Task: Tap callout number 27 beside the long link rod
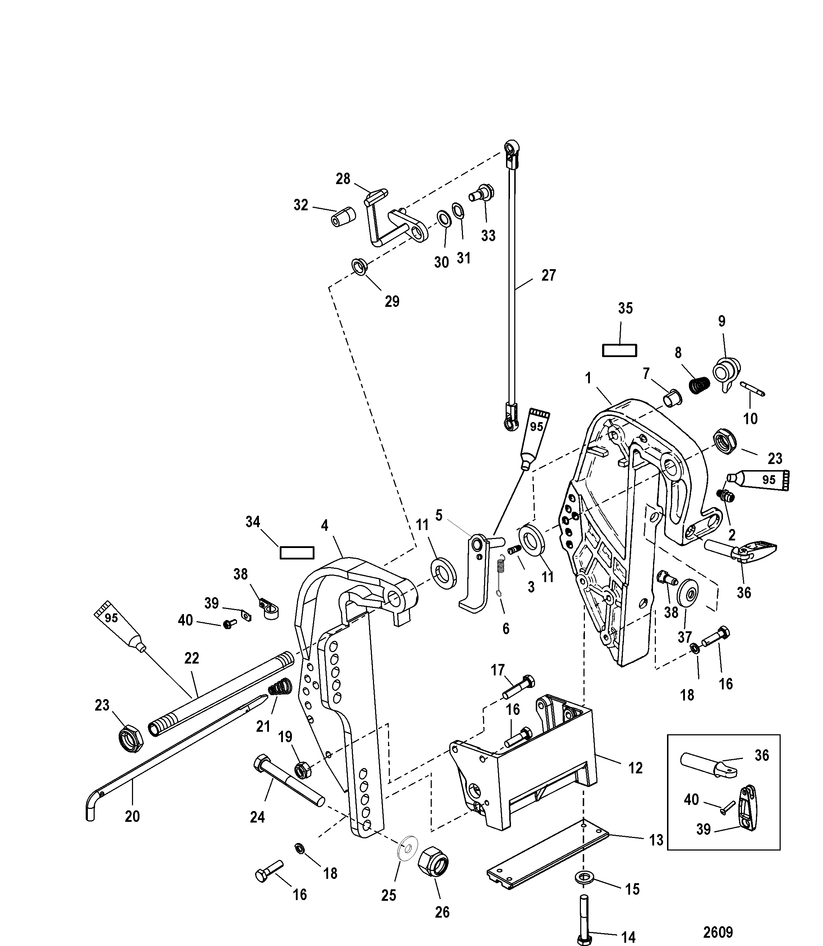[548, 275]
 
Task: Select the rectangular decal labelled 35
[620, 350]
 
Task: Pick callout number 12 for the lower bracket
[635, 768]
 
